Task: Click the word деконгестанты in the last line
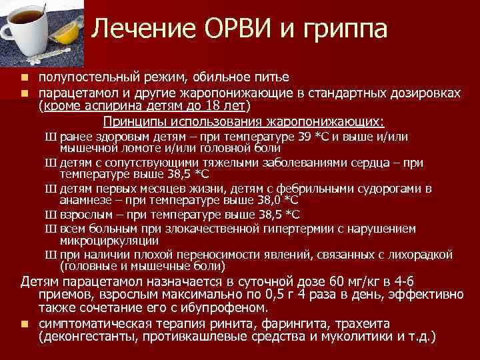[x=89, y=337]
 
